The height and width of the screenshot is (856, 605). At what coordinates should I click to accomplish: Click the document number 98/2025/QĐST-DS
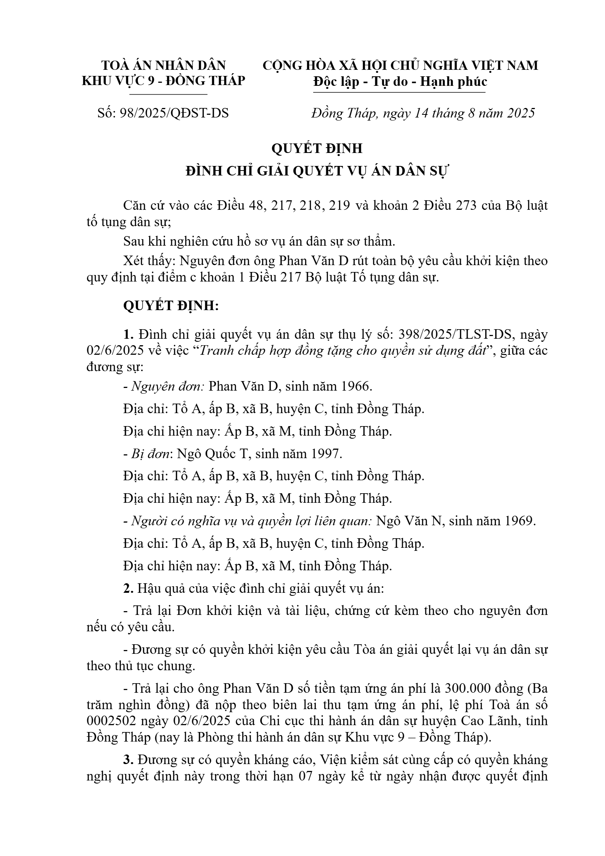click(174, 113)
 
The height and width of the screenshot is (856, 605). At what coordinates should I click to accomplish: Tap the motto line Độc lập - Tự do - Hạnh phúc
click(400, 81)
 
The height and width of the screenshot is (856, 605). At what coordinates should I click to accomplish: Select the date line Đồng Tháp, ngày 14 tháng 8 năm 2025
click(423, 113)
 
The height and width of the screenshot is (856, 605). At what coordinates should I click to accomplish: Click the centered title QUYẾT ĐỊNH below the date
click(317, 148)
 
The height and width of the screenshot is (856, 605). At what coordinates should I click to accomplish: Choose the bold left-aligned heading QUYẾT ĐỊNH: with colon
click(171, 306)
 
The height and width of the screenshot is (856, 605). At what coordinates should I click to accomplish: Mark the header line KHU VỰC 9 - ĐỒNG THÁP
click(164, 80)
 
